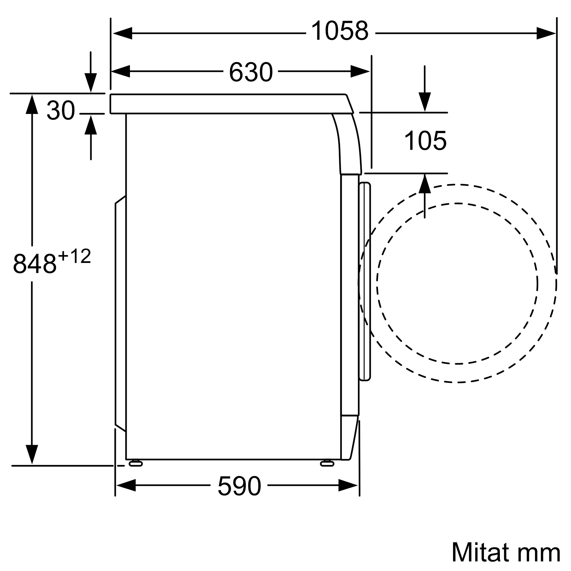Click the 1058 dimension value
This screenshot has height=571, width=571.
[340, 31]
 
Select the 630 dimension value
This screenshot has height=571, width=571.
[251, 72]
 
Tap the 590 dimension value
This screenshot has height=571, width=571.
[240, 486]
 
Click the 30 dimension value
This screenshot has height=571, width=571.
[61, 110]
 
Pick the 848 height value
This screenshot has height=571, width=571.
[35, 264]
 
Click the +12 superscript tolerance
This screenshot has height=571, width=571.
[75, 256]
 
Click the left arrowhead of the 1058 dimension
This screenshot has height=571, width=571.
[122, 33]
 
